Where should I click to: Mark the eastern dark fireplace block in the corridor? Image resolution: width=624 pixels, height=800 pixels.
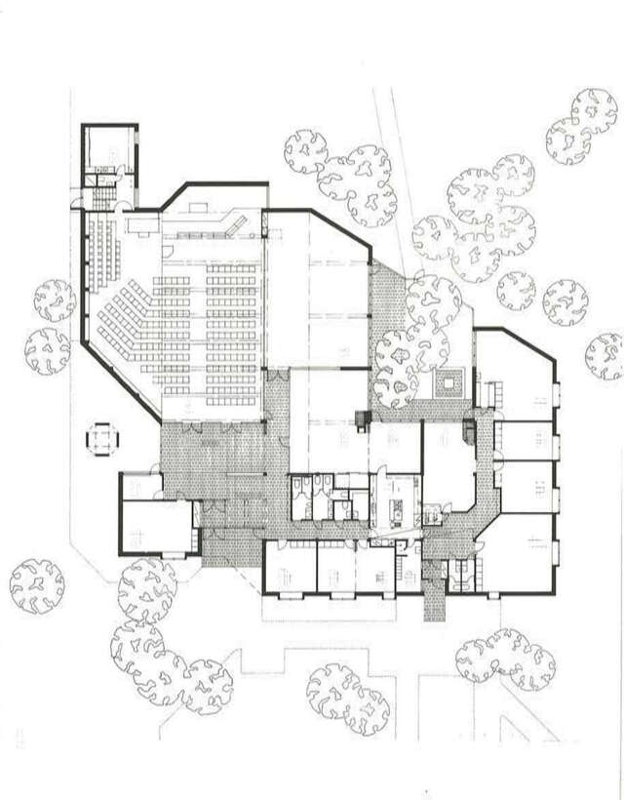(470, 427)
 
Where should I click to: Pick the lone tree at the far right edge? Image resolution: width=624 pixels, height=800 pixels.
(605, 355)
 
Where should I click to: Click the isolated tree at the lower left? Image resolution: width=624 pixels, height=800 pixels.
(37, 585)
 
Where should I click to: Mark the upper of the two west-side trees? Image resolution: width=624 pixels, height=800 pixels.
(55, 300)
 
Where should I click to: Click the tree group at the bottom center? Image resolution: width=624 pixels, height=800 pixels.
(346, 695)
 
